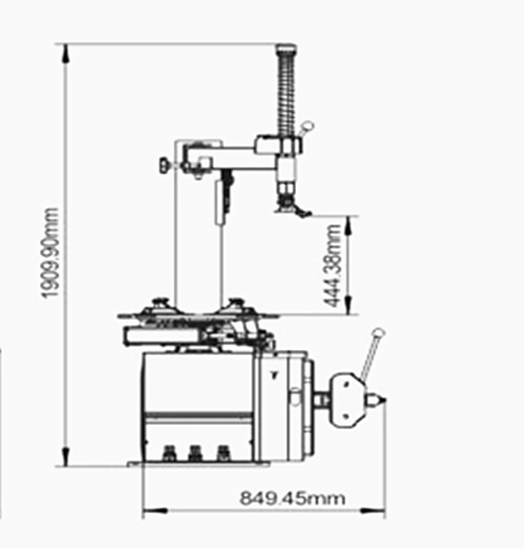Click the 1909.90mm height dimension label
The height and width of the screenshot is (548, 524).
pos(51,252)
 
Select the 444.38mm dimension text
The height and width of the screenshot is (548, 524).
pos(332,265)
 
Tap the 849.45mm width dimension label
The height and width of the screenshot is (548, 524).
pos(292,497)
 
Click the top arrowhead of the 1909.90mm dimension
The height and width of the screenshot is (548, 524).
pos(65,53)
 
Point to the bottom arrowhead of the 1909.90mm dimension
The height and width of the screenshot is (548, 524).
pos(65,456)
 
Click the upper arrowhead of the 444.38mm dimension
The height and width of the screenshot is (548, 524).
pos(348,225)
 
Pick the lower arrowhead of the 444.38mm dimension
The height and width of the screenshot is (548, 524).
pos(348,305)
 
